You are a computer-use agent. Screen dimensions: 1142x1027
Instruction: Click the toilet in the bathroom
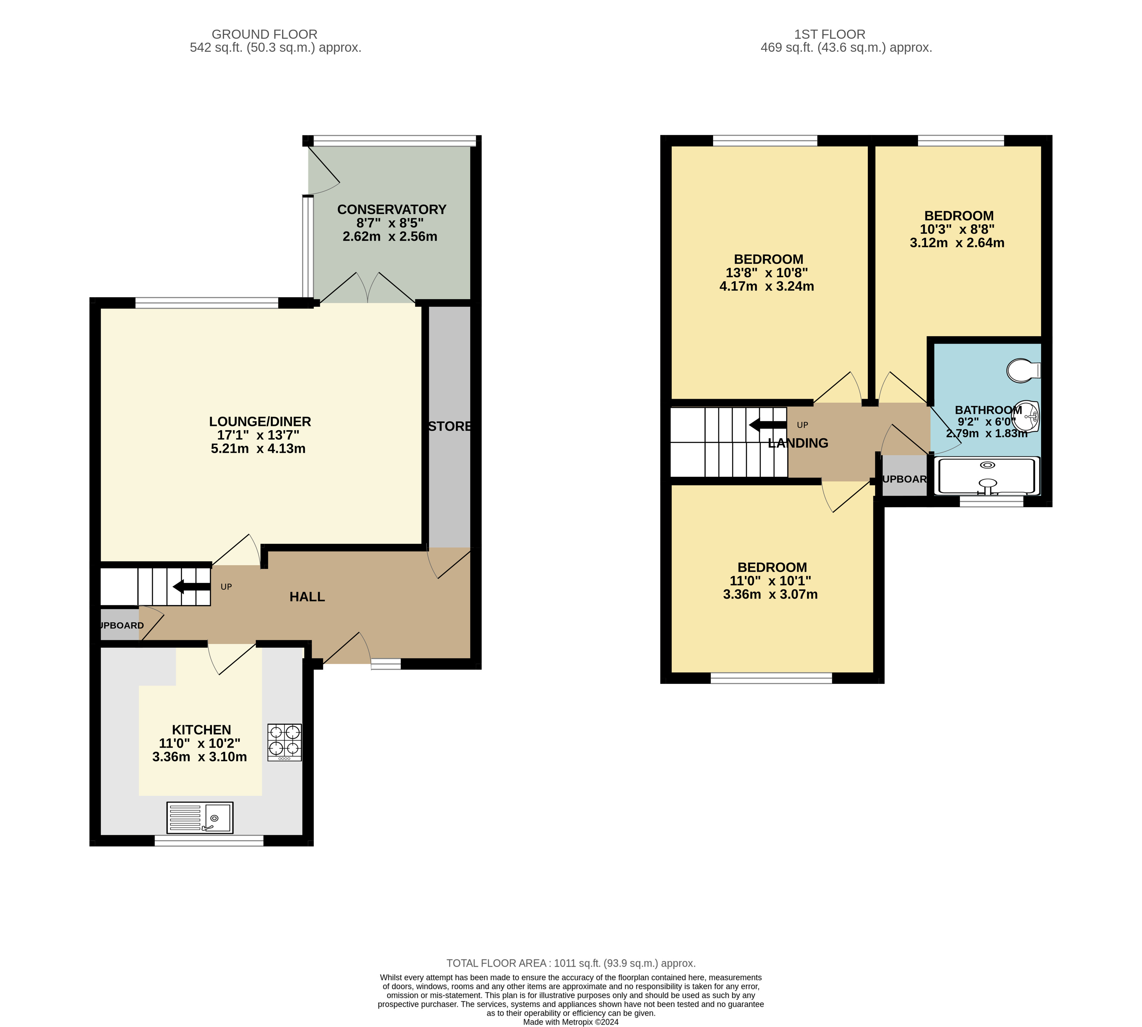pos(1023,370)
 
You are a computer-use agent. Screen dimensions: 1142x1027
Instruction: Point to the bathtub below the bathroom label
pos(987,476)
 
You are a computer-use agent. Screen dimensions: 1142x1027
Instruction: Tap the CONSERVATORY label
pos(391,209)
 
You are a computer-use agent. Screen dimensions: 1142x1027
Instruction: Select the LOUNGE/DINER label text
pos(260,422)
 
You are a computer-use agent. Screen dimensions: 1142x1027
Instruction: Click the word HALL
pos(307,597)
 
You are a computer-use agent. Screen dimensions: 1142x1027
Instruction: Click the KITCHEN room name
pos(202,730)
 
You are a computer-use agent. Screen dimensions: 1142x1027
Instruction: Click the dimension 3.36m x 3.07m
pos(770,594)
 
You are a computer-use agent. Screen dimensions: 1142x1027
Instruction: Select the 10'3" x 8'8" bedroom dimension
pos(957,229)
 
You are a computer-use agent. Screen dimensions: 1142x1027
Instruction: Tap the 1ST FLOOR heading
pos(829,35)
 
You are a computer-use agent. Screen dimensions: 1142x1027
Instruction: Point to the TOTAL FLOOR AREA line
pos(571,963)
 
